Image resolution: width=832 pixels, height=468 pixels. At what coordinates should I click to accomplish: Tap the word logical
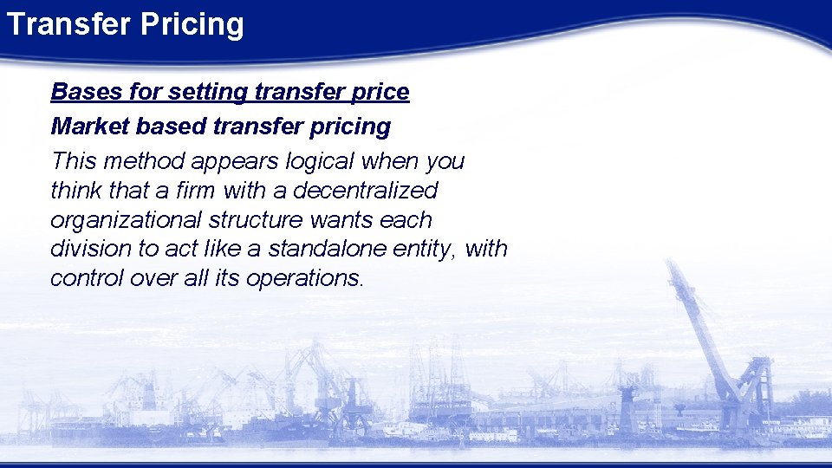[x=315, y=161]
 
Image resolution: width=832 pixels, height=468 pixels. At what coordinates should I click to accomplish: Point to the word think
[x=77, y=190]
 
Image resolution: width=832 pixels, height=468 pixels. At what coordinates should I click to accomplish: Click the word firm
[x=193, y=190]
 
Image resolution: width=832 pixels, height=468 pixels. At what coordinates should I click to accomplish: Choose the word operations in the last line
[x=303, y=279]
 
